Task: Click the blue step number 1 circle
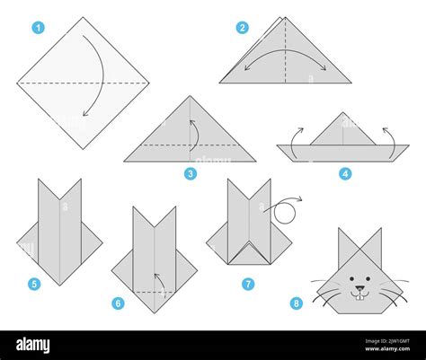[x=38, y=28]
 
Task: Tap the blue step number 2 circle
[x=242, y=28]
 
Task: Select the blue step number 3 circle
[x=190, y=172]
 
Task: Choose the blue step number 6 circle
[x=118, y=303]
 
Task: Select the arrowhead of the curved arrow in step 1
[x=85, y=114]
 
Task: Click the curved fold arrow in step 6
[x=159, y=283]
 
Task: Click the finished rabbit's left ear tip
[x=340, y=230]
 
